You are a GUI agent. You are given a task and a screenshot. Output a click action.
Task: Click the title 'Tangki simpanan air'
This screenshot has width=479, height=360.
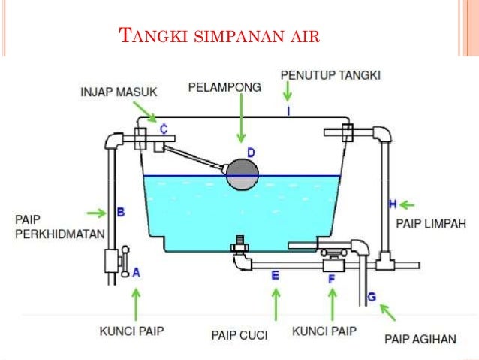pyautogui.click(x=219, y=36)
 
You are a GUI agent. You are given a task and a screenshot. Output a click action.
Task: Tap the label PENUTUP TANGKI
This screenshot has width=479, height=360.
pyautogui.click(x=330, y=76)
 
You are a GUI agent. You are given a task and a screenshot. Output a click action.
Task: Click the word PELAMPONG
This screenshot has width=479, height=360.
pyautogui.click(x=224, y=88)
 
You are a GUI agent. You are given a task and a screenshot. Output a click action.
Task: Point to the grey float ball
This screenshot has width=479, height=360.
pyautogui.click(x=243, y=174)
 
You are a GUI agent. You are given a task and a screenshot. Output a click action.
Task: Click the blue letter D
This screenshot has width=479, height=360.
pyautogui.click(x=251, y=153)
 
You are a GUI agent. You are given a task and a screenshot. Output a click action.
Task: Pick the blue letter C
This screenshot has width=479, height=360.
pyautogui.click(x=164, y=128)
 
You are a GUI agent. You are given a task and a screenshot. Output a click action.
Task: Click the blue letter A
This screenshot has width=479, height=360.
pyautogui.click(x=136, y=274)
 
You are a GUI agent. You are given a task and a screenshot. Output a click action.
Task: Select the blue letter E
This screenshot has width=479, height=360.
pyautogui.click(x=275, y=276)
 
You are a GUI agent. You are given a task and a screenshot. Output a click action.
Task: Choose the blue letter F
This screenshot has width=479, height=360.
pyautogui.click(x=331, y=278)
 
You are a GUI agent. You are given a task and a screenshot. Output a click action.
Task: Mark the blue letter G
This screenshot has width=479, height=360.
pyautogui.click(x=371, y=298)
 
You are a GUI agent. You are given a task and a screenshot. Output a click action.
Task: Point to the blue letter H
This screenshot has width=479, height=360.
pyautogui.click(x=392, y=204)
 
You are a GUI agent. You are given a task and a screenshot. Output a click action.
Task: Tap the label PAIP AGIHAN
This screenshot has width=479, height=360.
pyautogui.click(x=420, y=339)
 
